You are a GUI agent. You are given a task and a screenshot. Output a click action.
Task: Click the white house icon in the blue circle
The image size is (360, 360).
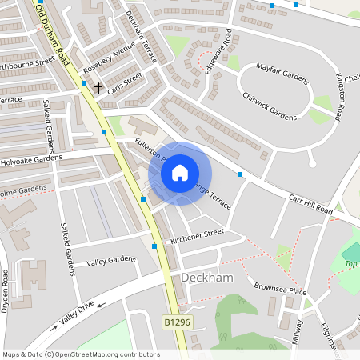[180, 172]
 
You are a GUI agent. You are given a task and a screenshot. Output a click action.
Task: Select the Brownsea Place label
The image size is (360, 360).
[280, 289]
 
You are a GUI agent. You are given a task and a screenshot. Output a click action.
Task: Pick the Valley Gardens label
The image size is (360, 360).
[112, 261]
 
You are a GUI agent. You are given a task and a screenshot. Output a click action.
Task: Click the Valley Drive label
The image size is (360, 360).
[74, 312]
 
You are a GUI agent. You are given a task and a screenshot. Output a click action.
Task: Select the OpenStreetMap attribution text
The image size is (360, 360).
[80, 354]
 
